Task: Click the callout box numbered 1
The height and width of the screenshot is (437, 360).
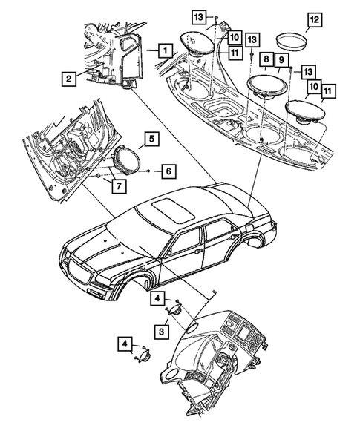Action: coord(165,51)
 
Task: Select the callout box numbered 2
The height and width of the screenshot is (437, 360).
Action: coord(68,77)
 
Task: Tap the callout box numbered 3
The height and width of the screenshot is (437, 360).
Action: coord(160,329)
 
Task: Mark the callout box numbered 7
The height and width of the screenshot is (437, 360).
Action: coord(118,184)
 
